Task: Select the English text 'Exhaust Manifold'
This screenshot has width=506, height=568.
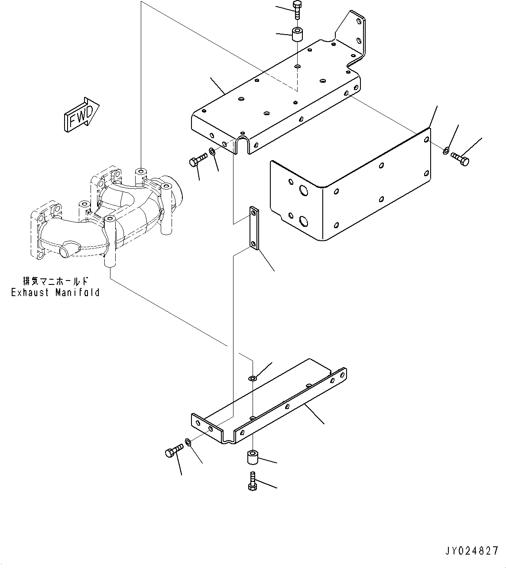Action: (55, 293)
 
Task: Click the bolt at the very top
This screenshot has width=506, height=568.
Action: (297, 10)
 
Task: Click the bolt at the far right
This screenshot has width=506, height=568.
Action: (460, 158)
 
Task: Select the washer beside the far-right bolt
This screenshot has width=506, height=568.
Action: (446, 151)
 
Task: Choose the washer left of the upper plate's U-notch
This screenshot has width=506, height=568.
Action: (213, 152)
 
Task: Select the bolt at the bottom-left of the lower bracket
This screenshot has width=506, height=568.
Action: (172, 452)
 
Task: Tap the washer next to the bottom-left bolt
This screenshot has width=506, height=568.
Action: (188, 442)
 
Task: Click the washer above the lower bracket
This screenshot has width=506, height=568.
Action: (253, 379)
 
